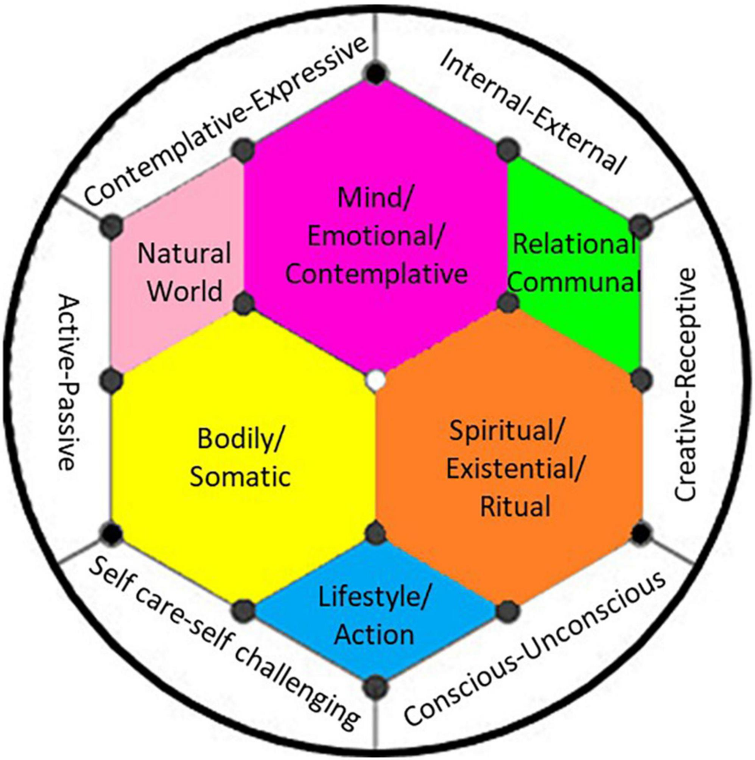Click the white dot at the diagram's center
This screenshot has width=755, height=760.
376,380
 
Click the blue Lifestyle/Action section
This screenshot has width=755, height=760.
375,615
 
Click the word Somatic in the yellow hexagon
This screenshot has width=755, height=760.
240,477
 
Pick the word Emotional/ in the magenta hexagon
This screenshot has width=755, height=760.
376,236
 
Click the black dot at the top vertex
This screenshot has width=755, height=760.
376,73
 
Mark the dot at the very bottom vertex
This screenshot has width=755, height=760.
376,685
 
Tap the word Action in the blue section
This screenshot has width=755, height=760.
374,634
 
